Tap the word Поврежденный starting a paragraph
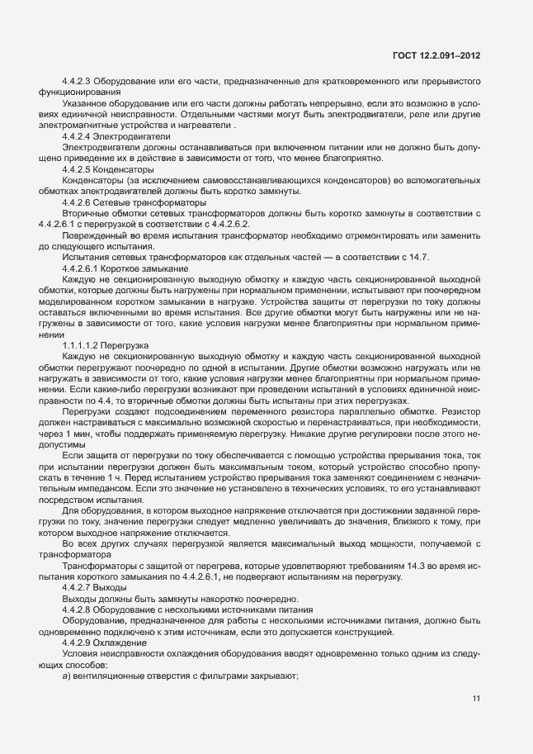92,235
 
